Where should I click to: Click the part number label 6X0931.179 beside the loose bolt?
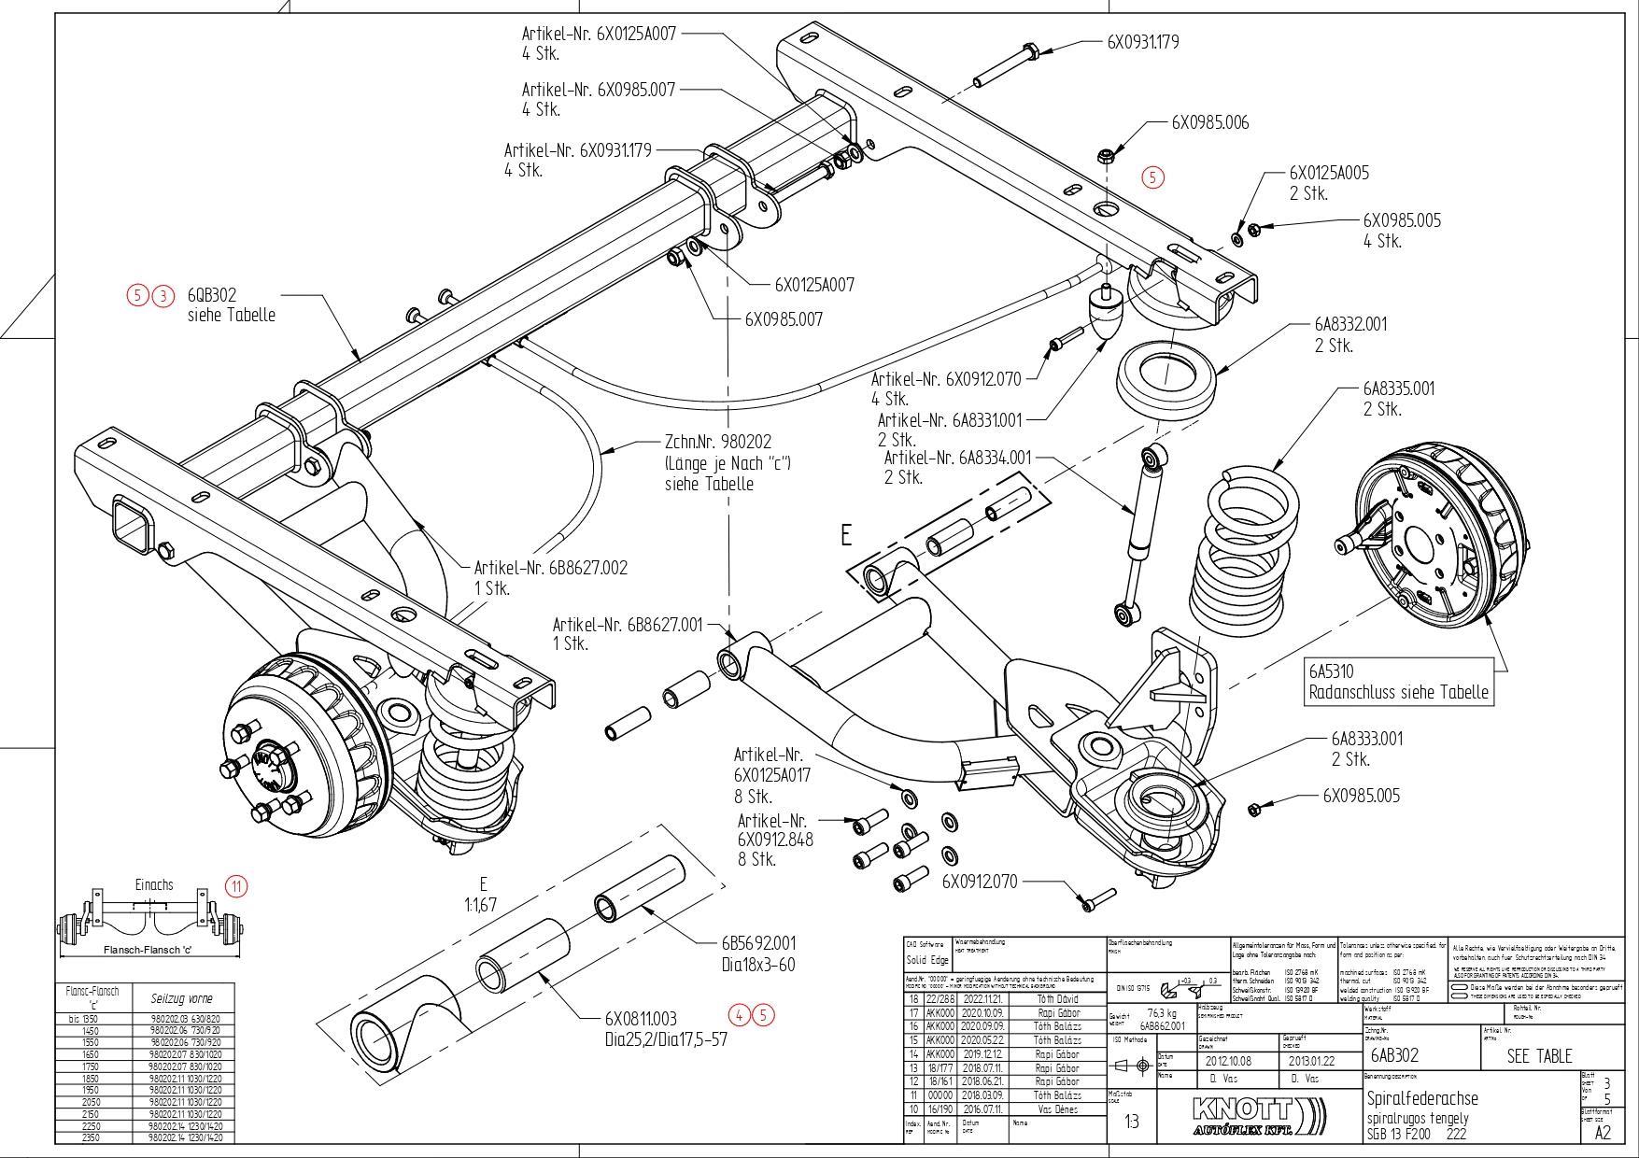coord(1142,42)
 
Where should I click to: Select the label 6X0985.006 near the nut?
coord(1209,122)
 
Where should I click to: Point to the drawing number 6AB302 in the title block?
coord(1394,1055)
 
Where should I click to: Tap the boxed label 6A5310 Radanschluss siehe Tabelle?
coord(1398,683)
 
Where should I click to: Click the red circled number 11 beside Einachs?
coord(236,886)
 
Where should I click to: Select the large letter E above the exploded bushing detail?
coord(846,535)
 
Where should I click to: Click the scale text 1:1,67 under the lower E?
coord(481,905)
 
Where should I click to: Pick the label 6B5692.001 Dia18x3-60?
coord(758,953)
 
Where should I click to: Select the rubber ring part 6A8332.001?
coord(1167,378)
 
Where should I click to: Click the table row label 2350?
coord(90,1137)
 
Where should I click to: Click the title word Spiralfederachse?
coord(1422,1098)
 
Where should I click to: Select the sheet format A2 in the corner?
coord(1603,1133)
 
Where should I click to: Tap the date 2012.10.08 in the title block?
coord(1228,1061)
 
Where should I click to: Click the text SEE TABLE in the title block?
coord(1539,1056)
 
